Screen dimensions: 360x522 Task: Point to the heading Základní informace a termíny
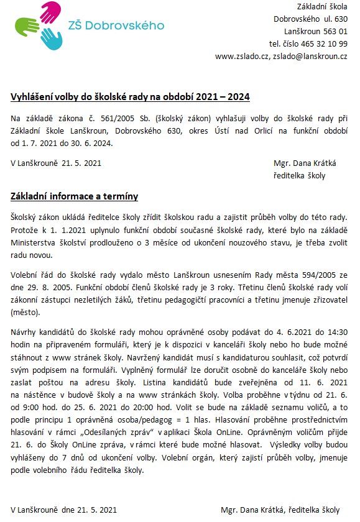pyautogui.click(x=75, y=197)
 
